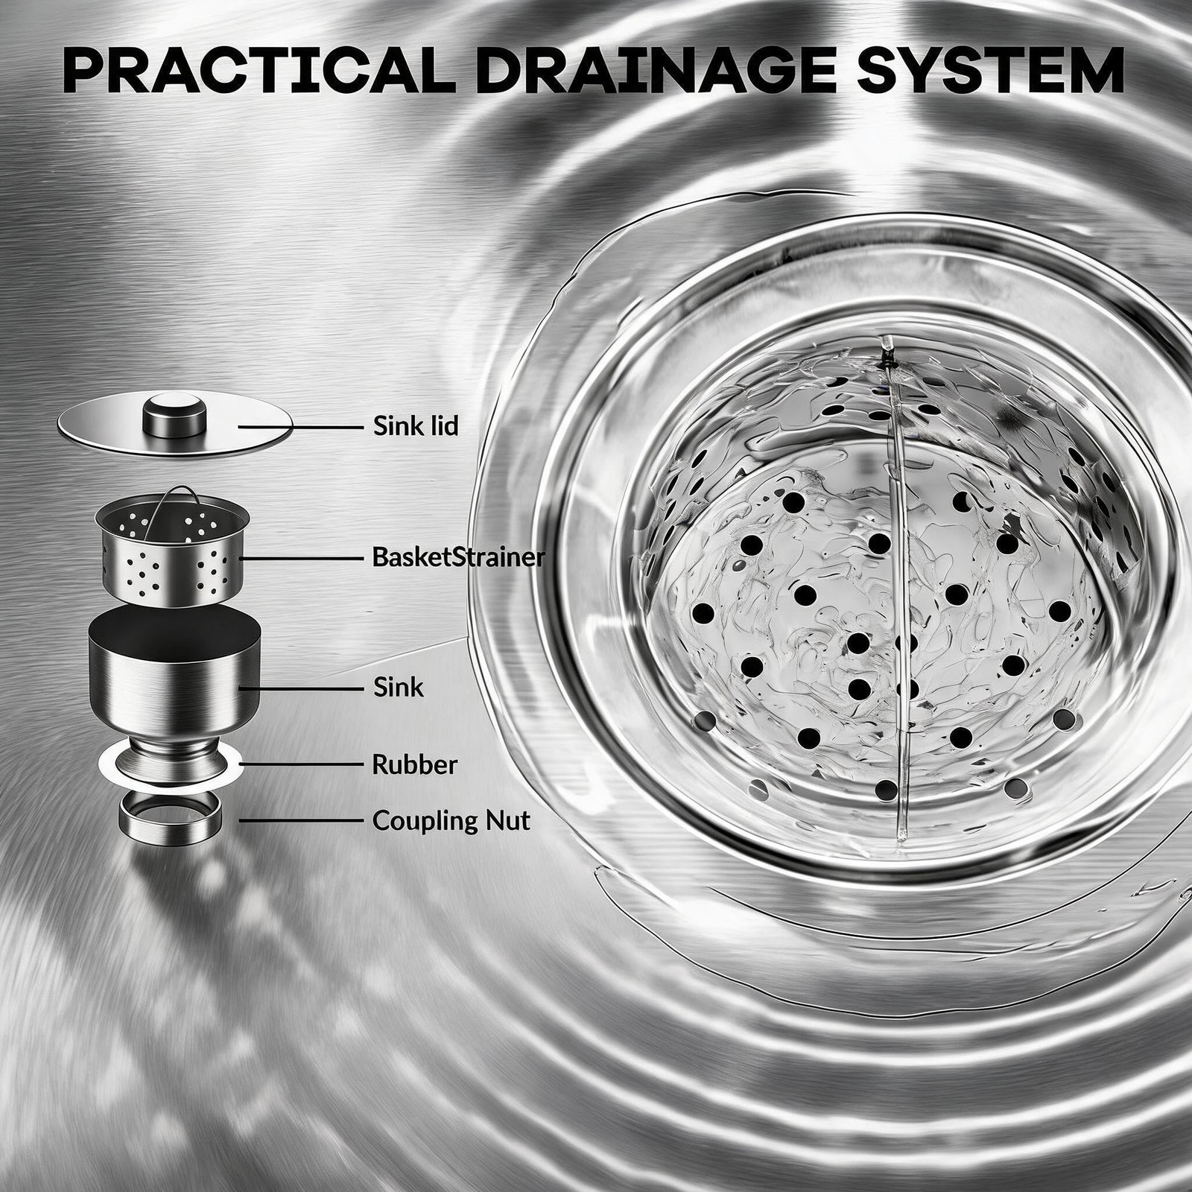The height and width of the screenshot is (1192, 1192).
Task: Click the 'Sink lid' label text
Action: coord(416,426)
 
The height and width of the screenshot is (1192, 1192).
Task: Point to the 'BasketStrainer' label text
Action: coord(458,557)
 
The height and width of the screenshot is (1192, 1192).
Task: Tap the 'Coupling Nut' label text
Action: coord(451,821)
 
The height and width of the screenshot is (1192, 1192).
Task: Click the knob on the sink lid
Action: coord(174,416)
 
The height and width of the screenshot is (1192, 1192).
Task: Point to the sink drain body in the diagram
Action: coord(174,685)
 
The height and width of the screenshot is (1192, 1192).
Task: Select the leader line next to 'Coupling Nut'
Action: coord(302,821)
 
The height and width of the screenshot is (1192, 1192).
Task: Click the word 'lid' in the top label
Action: coord(444,426)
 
